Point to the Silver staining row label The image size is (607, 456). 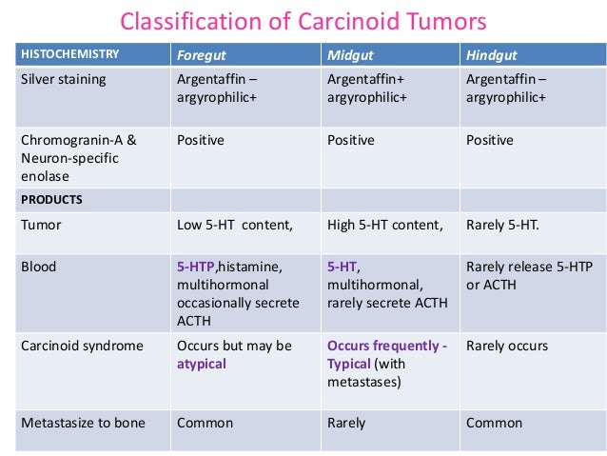click(x=64, y=79)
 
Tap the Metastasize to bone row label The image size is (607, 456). click(x=84, y=423)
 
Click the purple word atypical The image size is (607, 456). click(x=202, y=364)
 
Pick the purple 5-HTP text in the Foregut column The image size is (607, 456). click(x=198, y=268)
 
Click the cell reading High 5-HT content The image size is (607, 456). click(x=385, y=226)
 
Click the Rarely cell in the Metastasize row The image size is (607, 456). click(x=349, y=423)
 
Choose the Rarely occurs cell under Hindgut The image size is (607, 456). click(x=506, y=346)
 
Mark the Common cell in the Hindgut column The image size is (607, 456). click(x=494, y=423)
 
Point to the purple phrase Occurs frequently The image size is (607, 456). click(x=386, y=346)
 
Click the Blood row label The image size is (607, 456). click(x=39, y=268)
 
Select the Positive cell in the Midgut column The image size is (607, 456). click(x=351, y=141)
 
